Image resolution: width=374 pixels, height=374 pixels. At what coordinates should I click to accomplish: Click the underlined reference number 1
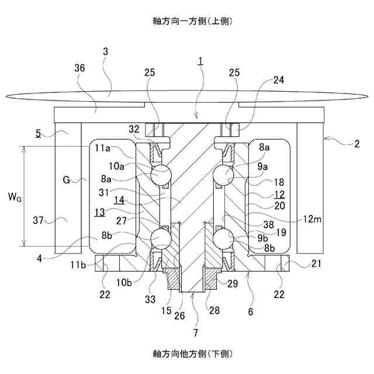[200, 61]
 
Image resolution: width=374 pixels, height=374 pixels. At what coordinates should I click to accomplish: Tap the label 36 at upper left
[80, 68]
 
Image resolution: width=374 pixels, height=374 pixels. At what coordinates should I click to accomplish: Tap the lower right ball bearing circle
[224, 239]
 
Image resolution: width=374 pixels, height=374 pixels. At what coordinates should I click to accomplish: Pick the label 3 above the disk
[105, 51]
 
